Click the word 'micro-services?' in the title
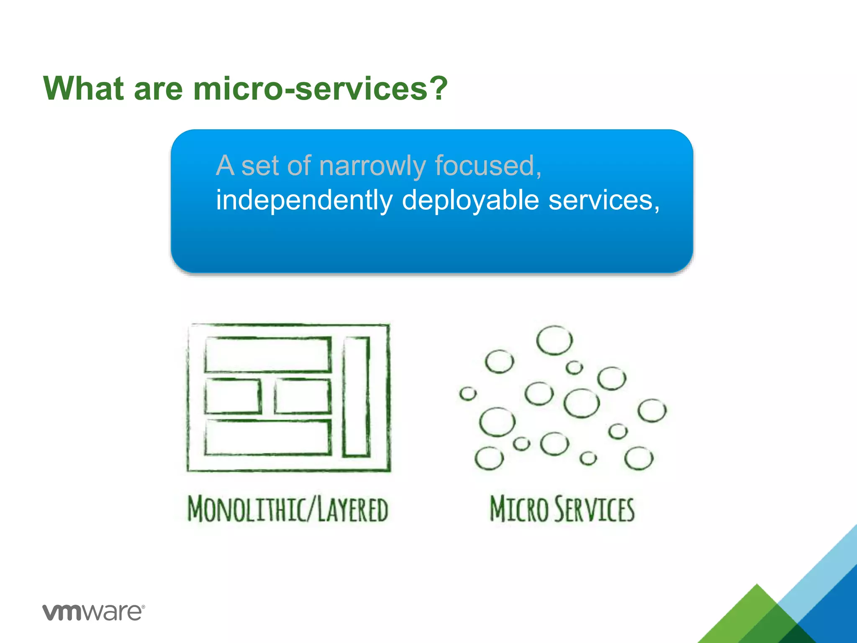tap(320, 89)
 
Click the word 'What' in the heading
tap(84, 89)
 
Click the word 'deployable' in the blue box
tap(470, 200)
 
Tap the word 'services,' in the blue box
tap(604, 200)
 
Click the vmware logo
tap(93, 612)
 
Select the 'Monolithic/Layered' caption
tap(288, 509)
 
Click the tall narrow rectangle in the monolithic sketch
tap(356, 396)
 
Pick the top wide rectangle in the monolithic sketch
tap(268, 355)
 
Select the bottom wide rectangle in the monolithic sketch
tap(268, 437)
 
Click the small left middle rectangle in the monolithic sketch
tap(233, 396)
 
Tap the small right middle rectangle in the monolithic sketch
tap(303, 396)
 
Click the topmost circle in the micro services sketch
tap(554, 340)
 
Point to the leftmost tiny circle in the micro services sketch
tap(467, 394)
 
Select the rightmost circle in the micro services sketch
tap(652, 411)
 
